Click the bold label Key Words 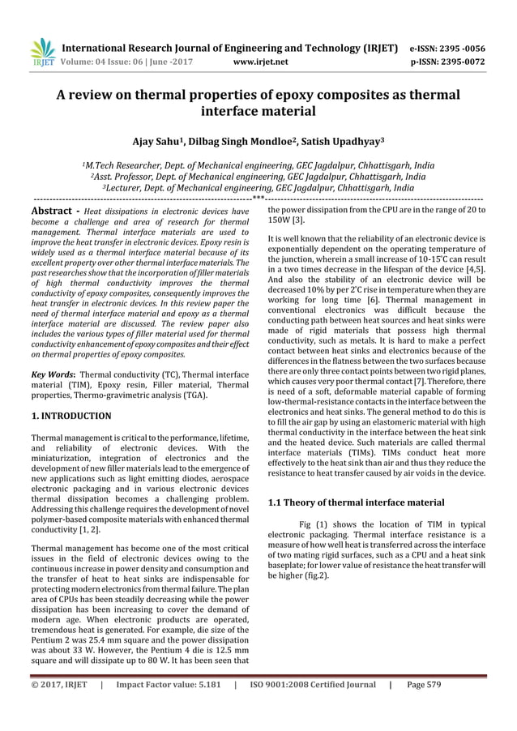point(53,375)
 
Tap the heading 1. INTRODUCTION point(71,416)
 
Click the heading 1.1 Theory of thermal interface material point(356,502)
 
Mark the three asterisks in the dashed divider point(258,197)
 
